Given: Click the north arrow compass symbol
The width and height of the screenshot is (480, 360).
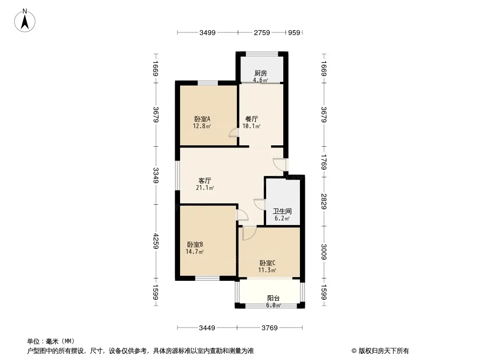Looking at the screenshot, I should [x=26, y=20].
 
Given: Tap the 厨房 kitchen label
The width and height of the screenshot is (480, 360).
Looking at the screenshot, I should [x=261, y=73].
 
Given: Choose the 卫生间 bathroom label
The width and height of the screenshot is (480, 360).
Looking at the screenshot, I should [x=282, y=211].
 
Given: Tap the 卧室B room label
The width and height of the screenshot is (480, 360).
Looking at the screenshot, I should [x=195, y=245].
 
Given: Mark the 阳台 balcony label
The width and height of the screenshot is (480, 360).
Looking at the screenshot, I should [x=273, y=298].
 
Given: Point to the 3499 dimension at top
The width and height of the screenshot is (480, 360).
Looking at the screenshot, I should [x=208, y=32].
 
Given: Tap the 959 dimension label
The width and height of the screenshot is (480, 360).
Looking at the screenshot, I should [x=294, y=32].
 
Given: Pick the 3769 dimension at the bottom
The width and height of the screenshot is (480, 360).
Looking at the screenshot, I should [x=270, y=328].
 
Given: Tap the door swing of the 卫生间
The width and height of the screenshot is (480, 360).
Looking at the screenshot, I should [x=259, y=204].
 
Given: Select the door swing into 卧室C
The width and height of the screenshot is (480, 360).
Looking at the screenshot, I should [x=249, y=232].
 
